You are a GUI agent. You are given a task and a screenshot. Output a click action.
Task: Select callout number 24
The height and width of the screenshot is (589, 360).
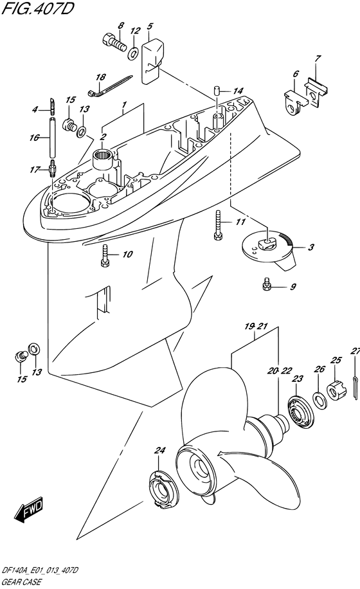click(159, 450)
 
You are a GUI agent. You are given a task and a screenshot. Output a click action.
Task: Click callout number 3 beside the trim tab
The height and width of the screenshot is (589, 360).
click(311, 247)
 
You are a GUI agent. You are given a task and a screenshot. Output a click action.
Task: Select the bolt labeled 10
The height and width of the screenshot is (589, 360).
click(105, 256)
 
